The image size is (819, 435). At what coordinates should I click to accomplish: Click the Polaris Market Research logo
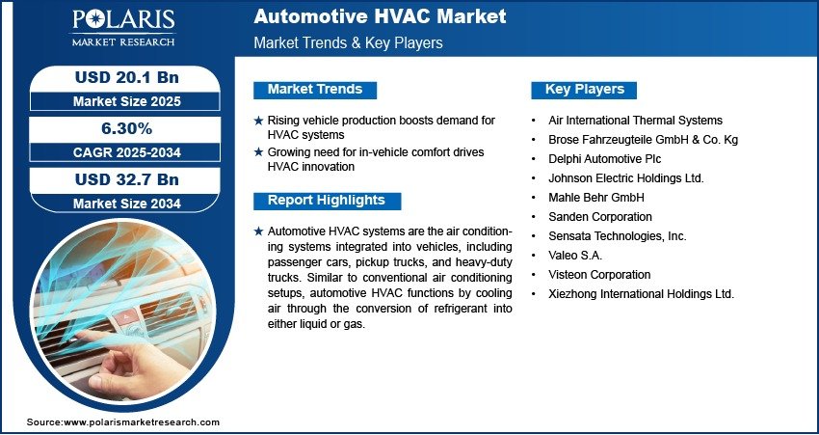[x=123, y=26]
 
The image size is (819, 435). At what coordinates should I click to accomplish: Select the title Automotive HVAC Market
[x=380, y=16]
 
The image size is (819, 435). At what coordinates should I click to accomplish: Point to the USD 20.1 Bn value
[x=127, y=77]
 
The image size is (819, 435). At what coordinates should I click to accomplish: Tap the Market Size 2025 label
[x=127, y=101]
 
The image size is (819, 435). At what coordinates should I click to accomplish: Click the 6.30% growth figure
[x=126, y=128]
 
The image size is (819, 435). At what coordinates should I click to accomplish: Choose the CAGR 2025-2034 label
[x=127, y=152]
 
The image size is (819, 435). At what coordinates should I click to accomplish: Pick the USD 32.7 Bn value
[x=127, y=179]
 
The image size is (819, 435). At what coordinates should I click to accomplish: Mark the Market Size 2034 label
[x=127, y=204]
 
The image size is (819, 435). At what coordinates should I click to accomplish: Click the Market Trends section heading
[x=315, y=90]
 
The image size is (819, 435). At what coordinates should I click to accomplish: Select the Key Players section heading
[x=585, y=90]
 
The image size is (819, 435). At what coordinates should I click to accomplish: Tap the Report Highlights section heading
[x=327, y=201]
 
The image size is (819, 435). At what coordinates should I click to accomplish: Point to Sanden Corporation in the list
[x=600, y=216]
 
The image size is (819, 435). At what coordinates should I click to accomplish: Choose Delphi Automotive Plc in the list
[x=605, y=158]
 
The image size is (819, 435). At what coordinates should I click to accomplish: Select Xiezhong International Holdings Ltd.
[x=642, y=294]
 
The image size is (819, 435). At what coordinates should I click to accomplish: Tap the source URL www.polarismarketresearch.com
[x=142, y=421]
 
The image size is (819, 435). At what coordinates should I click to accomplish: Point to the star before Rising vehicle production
[x=258, y=121]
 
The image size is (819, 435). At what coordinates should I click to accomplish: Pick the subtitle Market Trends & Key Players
[x=348, y=42]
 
